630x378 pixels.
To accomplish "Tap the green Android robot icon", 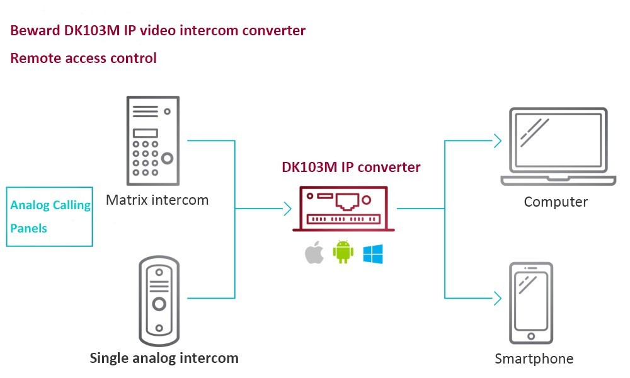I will [343, 252].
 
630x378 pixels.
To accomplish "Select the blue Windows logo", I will [372, 254].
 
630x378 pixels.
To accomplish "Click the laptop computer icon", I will [558, 147].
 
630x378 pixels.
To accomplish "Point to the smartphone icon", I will [532, 304].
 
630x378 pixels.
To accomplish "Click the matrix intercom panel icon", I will [152, 140].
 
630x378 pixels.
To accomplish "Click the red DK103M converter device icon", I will [343, 209].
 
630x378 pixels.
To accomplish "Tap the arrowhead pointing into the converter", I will [287, 209].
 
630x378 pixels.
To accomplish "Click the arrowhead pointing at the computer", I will [498, 141].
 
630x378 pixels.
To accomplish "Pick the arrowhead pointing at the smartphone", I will [498, 298].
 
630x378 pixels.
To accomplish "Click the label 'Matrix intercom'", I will [157, 200].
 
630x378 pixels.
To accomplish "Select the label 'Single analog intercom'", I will [164, 358].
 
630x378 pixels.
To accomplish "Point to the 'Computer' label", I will [556, 202].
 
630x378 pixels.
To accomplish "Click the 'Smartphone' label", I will [534, 359].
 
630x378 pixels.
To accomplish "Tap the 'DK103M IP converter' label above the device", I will [350, 168].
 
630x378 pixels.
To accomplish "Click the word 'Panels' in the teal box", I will [29, 228].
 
